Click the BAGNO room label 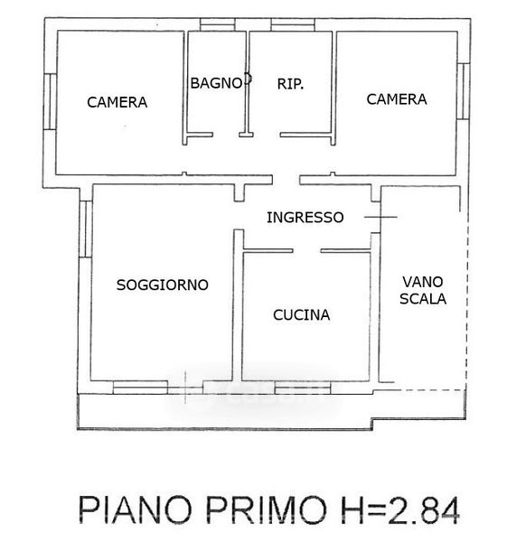(217, 83)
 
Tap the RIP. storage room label (290, 84)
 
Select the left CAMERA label (117, 102)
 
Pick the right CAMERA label (397, 99)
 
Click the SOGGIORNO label (163, 285)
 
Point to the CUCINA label (302, 315)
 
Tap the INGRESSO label (305, 218)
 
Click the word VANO (423, 282)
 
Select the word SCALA (423, 299)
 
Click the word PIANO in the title (136, 510)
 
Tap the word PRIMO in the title (267, 510)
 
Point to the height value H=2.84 (400, 510)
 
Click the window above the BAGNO (218, 24)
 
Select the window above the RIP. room (293, 24)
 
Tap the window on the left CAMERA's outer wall (50, 101)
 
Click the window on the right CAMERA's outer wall (464, 91)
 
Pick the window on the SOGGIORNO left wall (86, 229)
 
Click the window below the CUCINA (303, 388)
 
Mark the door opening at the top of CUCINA (306, 250)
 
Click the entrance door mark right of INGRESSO (380, 217)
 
